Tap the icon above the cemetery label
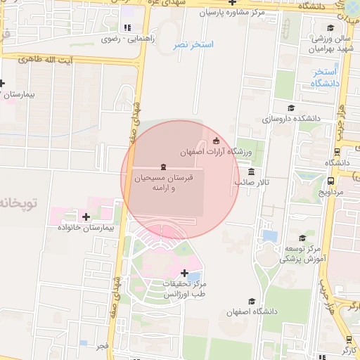[x=163, y=167]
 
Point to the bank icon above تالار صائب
[x=252, y=172]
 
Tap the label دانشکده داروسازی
[x=291, y=119]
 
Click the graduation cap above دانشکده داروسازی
[x=291, y=108]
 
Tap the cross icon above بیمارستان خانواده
[x=86, y=217]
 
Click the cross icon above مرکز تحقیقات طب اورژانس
[x=184, y=273]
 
